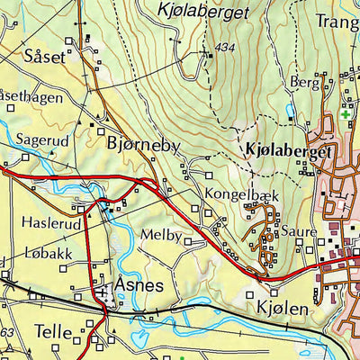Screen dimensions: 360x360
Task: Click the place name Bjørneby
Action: pos(143,144)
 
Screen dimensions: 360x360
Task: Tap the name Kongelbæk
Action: pos(237,193)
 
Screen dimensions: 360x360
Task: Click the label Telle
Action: pos(53,332)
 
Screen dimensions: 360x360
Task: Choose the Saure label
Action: pos(299,231)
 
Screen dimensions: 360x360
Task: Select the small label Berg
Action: pos(304,81)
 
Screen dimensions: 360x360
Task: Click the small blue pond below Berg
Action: pos(289,111)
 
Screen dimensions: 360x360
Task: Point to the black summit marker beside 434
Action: pos(210,56)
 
